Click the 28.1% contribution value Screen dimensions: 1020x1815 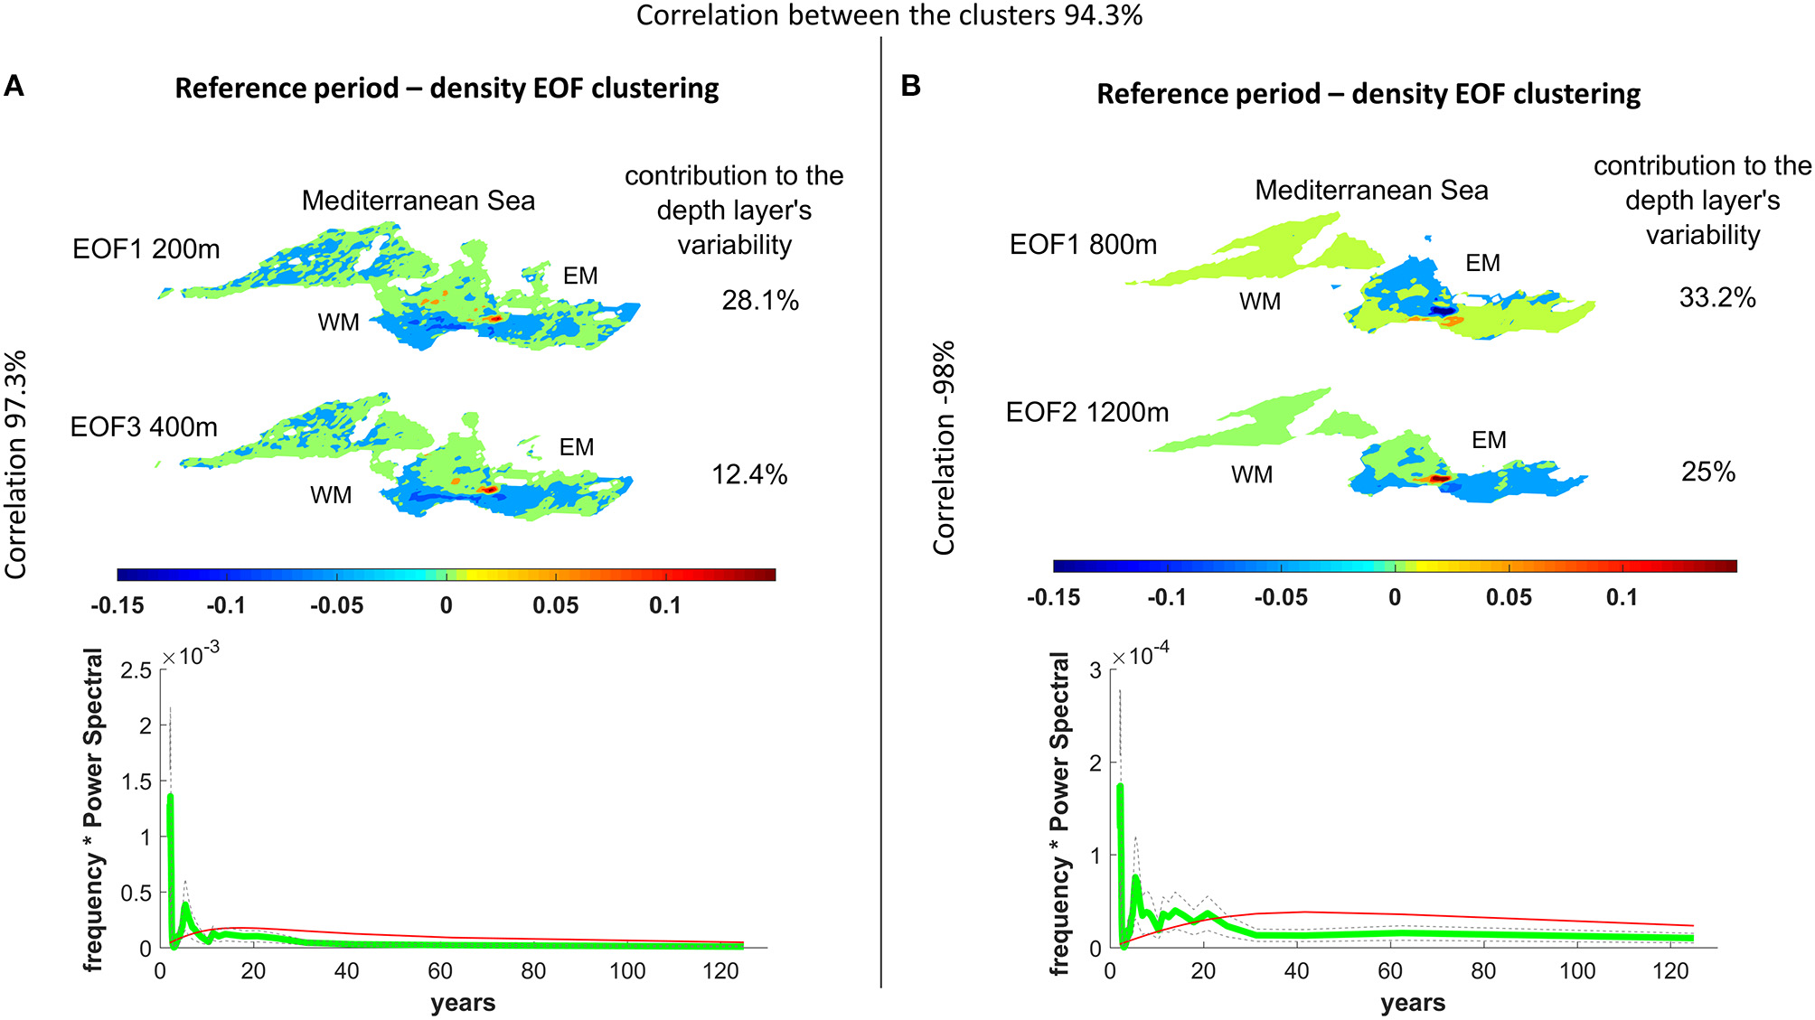(759, 300)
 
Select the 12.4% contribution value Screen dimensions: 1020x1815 (748, 474)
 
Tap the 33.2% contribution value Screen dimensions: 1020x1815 (1716, 297)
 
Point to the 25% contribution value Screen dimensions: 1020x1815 (1707, 472)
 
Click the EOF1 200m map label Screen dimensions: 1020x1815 (146, 249)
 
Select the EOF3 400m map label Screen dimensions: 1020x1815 (144, 426)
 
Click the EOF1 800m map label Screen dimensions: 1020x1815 (1082, 245)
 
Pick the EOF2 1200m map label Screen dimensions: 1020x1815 (1086, 413)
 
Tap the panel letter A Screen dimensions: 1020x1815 (14, 87)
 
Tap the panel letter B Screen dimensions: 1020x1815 (910, 86)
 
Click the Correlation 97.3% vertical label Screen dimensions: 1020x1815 (16, 464)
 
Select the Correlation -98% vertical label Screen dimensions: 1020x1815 (944, 448)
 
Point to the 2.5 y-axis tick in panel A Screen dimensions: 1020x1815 (136, 670)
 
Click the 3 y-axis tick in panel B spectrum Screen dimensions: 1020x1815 (1096, 670)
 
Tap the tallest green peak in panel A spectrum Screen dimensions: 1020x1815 (170, 797)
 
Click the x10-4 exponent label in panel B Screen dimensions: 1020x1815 (1141, 654)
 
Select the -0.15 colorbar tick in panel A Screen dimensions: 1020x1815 (118, 605)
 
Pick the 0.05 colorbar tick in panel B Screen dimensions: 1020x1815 (1509, 597)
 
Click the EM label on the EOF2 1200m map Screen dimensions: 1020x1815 (1489, 440)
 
